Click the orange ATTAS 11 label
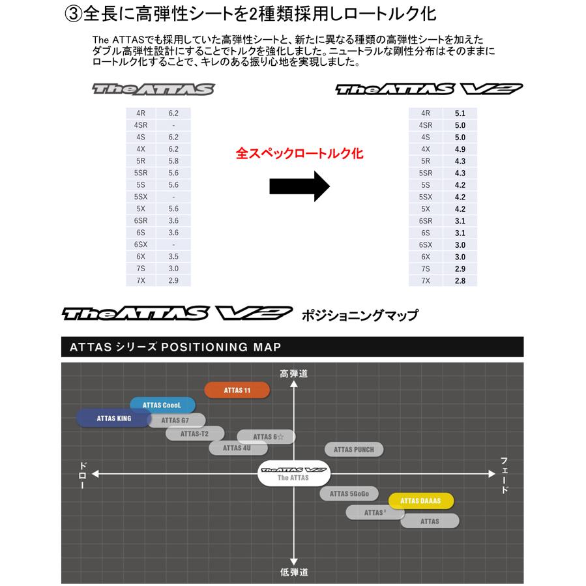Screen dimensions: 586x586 coord(237,390)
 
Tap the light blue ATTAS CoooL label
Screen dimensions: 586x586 coord(162,405)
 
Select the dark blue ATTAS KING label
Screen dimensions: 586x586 coord(113,418)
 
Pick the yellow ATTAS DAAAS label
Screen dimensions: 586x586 coord(421,501)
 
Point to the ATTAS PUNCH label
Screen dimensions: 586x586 coord(354,449)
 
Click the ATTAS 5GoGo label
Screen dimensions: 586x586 coord(349,493)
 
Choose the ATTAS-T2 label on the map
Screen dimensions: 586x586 coord(195,433)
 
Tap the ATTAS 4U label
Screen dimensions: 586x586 coord(237,448)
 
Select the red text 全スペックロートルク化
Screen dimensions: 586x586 coord(299,154)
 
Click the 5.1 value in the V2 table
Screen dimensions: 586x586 coord(460,113)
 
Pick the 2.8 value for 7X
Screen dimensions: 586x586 coord(460,280)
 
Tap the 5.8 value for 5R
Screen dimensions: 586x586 coord(173,161)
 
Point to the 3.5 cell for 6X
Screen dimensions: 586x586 coord(173,257)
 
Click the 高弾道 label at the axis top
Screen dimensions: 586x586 coord(293,374)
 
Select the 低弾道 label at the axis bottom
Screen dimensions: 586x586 coord(294,572)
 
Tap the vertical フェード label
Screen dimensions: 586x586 coord(505,475)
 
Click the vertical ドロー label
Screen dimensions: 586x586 coord(83,475)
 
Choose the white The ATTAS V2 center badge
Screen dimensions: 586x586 coord(293,473)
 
